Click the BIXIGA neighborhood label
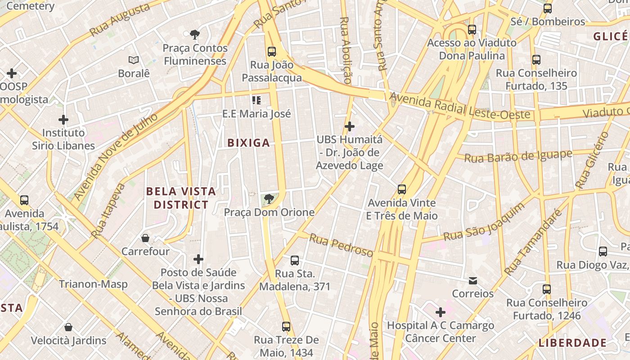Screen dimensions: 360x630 pos(248,143)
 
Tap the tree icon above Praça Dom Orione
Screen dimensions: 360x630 pos(269,199)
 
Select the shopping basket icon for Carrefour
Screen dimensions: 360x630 pos(145,238)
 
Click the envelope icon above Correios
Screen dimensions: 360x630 pos(473,281)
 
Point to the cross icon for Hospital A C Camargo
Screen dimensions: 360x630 pos(441,312)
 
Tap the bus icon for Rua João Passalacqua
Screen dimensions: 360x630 pos(272,51)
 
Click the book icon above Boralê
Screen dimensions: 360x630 pos(134,60)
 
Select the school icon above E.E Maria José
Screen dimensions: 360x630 pos(256,100)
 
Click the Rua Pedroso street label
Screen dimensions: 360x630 pos(341,246)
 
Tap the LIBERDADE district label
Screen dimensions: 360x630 pos(572,343)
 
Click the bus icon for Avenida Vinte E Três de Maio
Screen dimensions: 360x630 pos(402,189)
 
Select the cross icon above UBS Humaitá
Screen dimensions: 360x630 pos(349,126)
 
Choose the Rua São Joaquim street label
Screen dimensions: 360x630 pos(484,221)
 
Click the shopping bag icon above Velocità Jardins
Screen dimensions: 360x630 pos(68,327)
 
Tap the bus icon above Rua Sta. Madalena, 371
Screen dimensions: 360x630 pos(295,261)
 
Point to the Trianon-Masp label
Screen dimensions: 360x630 pos(93,284)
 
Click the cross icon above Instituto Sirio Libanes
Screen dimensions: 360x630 pos(63,120)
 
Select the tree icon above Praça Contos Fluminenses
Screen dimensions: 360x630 pos(195,35)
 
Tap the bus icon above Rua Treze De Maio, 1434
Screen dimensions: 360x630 pos(286,326)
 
